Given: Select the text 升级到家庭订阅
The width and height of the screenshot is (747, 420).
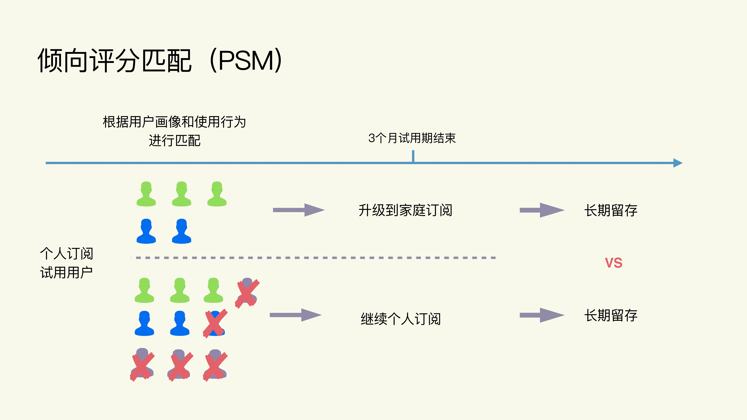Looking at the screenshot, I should (x=405, y=210).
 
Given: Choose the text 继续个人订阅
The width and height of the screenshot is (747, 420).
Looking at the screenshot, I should (x=400, y=319).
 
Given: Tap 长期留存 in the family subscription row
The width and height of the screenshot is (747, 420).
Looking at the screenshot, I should (x=611, y=210).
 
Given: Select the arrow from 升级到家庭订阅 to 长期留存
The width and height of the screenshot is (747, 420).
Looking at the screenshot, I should (x=542, y=210).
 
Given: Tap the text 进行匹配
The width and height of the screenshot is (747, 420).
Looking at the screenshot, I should (x=175, y=141).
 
